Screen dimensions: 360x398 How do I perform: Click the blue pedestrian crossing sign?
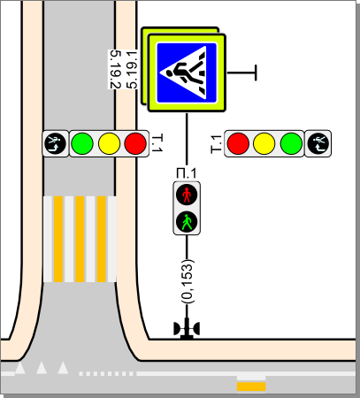click(x=187, y=73)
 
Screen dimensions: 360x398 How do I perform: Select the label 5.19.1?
click(x=132, y=70)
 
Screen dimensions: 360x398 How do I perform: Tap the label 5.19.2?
click(x=115, y=70)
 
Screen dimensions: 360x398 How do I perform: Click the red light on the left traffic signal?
click(x=135, y=143)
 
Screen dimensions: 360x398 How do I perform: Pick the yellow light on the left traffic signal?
click(x=109, y=143)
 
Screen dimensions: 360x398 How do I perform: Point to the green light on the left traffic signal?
click(x=82, y=143)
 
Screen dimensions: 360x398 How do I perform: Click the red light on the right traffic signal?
click(x=238, y=143)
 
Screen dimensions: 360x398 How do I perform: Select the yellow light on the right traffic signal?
click(x=264, y=143)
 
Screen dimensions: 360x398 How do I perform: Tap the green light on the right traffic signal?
click(x=291, y=143)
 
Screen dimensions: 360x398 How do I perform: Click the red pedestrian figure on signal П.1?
click(x=187, y=195)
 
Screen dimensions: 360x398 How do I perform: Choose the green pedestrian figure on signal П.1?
click(x=187, y=222)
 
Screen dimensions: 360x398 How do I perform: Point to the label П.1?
click(x=186, y=173)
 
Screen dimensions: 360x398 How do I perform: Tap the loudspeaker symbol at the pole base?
click(x=187, y=329)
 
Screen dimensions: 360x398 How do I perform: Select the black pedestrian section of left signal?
click(x=56, y=143)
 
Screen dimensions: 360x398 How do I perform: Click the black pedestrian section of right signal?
click(x=318, y=143)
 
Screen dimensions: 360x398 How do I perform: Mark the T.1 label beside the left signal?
click(x=157, y=143)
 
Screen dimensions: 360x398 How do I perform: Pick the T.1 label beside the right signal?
click(x=216, y=144)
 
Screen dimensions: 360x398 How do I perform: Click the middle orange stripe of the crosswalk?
click(x=80, y=239)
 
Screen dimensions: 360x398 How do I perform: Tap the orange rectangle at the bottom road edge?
click(x=251, y=387)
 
